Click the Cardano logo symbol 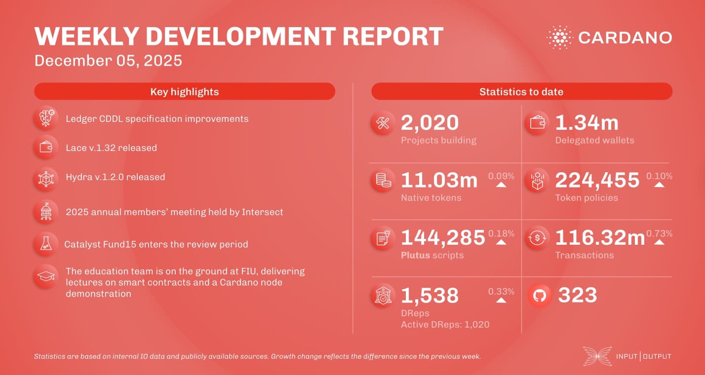point(559,37)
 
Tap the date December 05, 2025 point(108,61)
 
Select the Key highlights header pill point(184,92)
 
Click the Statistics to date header point(521,92)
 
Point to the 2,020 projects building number point(430,123)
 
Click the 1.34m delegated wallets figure point(587,123)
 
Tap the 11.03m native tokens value point(439,181)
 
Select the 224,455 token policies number point(597,181)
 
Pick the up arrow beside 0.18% point(501,242)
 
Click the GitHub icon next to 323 point(540,296)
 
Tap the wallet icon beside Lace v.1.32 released point(46,148)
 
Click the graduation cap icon point(46,277)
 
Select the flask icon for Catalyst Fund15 point(46,244)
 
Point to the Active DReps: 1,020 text point(445,324)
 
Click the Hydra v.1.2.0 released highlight point(115,177)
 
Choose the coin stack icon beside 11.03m point(383,181)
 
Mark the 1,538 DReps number point(430,296)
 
